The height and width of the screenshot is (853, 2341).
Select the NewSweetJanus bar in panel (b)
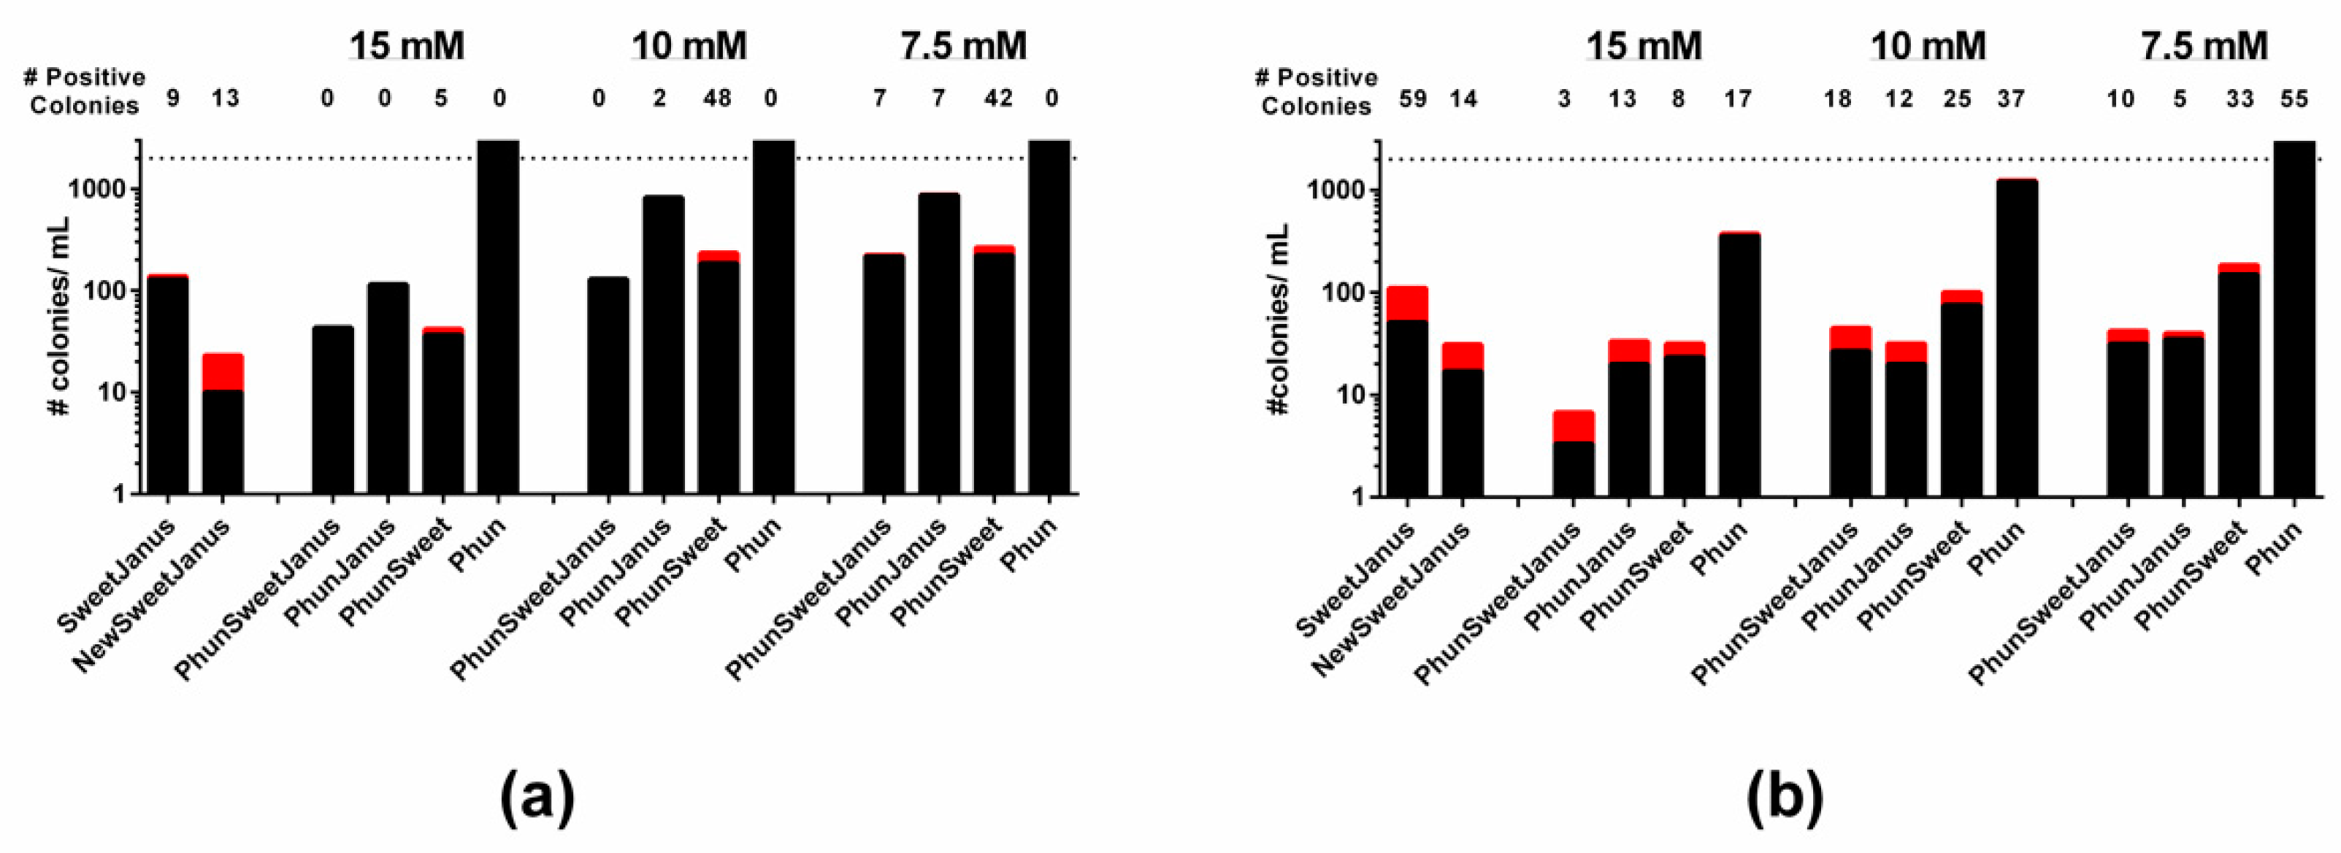(x=1463, y=427)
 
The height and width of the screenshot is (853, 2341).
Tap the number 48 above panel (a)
(x=716, y=97)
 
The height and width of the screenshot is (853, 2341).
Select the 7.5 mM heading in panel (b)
(x=2204, y=45)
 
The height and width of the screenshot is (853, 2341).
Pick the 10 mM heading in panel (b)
(x=1928, y=45)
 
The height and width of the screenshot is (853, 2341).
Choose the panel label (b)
(x=1784, y=796)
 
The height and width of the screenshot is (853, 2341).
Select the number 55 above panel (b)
(x=2294, y=98)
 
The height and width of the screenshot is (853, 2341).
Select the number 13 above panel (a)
(x=224, y=97)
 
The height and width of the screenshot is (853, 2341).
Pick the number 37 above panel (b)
(x=2010, y=98)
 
